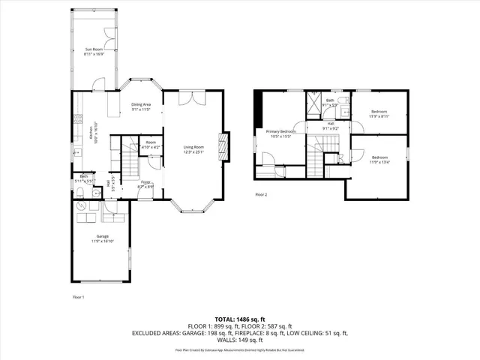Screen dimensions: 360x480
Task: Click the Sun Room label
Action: tap(94, 49)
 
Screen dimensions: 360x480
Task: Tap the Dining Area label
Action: tap(141, 104)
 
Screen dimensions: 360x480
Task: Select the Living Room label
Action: tap(193, 147)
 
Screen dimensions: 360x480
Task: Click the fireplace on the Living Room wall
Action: tap(222, 143)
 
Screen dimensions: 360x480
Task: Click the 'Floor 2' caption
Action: tap(261, 194)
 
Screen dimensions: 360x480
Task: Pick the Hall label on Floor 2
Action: tap(331, 124)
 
